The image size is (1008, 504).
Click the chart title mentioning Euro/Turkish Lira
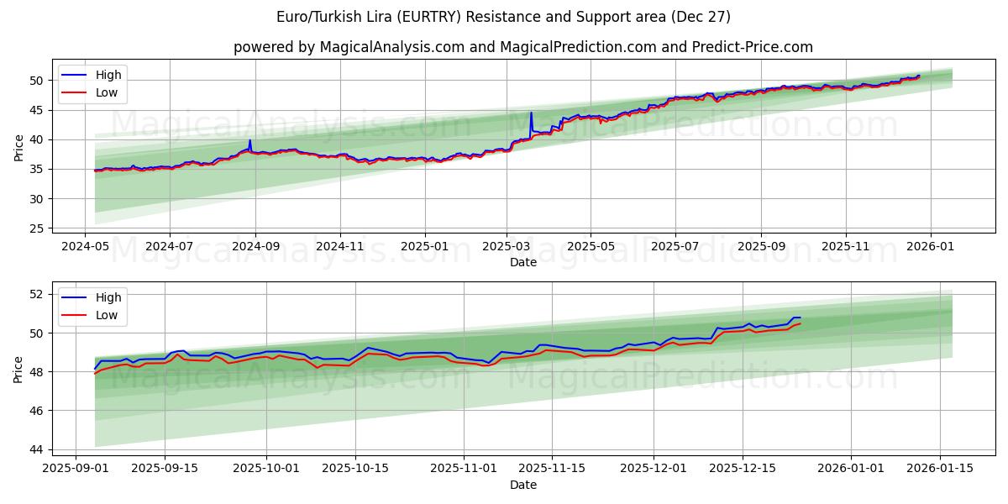tap(503, 17)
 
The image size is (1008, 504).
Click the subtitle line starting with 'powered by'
tap(522, 47)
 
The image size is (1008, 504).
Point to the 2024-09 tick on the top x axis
tap(255, 246)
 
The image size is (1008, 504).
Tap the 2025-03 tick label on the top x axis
tap(507, 246)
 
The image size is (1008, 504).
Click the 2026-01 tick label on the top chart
tap(931, 246)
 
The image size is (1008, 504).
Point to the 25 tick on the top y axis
tap(38, 228)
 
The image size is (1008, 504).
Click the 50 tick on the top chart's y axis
tap(38, 80)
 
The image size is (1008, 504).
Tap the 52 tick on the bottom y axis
tap(38, 294)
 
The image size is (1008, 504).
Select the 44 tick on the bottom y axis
tap(38, 449)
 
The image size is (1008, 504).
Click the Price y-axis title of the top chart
tap(18, 147)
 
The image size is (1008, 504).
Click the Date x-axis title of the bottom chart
tap(522, 485)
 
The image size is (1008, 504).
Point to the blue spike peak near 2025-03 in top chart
tap(531, 113)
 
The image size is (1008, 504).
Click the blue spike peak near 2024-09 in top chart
tap(249, 140)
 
